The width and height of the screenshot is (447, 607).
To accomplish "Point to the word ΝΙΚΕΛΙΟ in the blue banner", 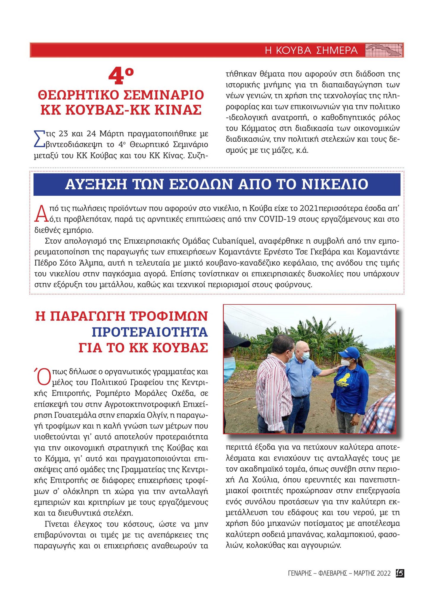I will (335, 184).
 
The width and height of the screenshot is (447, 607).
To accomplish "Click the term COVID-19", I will (276, 219).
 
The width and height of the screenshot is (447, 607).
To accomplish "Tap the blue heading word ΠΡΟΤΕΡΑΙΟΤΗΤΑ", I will (150, 332).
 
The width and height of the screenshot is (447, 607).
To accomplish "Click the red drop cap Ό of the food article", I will (41, 376).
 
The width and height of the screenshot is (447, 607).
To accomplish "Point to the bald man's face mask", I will (305, 356).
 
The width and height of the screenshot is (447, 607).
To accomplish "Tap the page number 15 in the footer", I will (400, 573).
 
